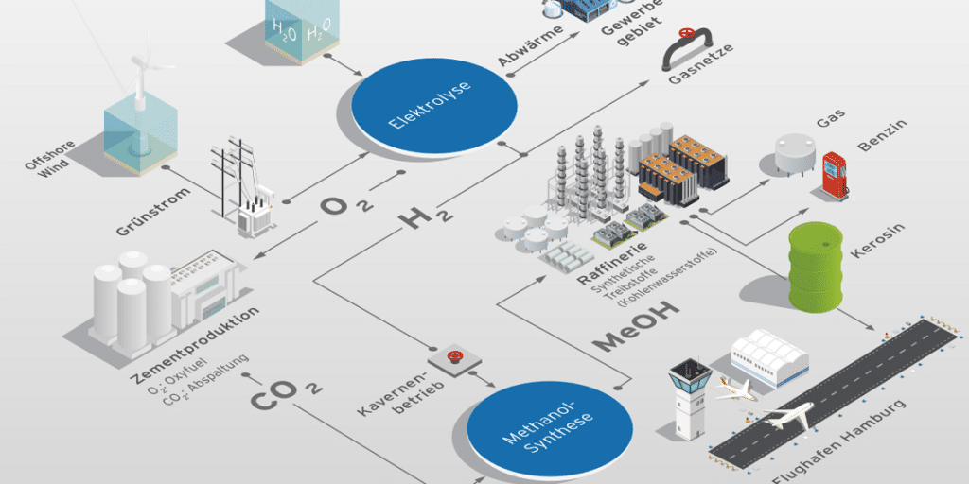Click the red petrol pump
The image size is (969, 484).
833,176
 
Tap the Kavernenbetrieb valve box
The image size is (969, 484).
455,358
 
